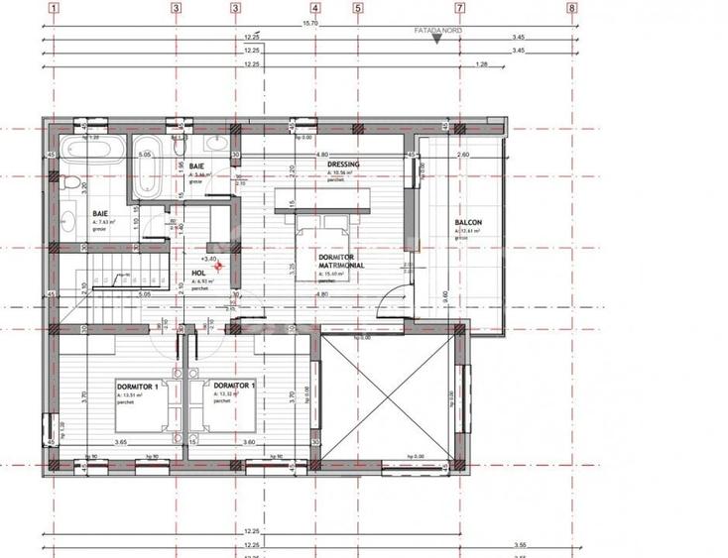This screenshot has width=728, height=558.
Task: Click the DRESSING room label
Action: pos(343,165)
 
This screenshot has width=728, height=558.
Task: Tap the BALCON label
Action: pos(467,223)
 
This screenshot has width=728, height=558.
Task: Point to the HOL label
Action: pos(198,274)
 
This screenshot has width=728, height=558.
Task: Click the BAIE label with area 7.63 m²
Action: pos(100,213)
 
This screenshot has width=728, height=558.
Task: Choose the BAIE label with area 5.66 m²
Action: pos(197,165)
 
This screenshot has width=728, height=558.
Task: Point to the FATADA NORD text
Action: pos(437,31)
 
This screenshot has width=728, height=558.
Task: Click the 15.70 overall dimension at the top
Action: pos(309,23)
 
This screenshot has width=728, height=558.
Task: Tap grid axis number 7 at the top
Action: pos(459,8)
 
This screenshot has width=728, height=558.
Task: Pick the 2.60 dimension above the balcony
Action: pos(463,156)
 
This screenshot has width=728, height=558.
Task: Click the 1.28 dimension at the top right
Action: pos(482,65)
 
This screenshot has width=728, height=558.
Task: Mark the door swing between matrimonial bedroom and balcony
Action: pos(395,297)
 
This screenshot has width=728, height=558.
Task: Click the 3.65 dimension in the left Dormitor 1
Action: pos(121,442)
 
